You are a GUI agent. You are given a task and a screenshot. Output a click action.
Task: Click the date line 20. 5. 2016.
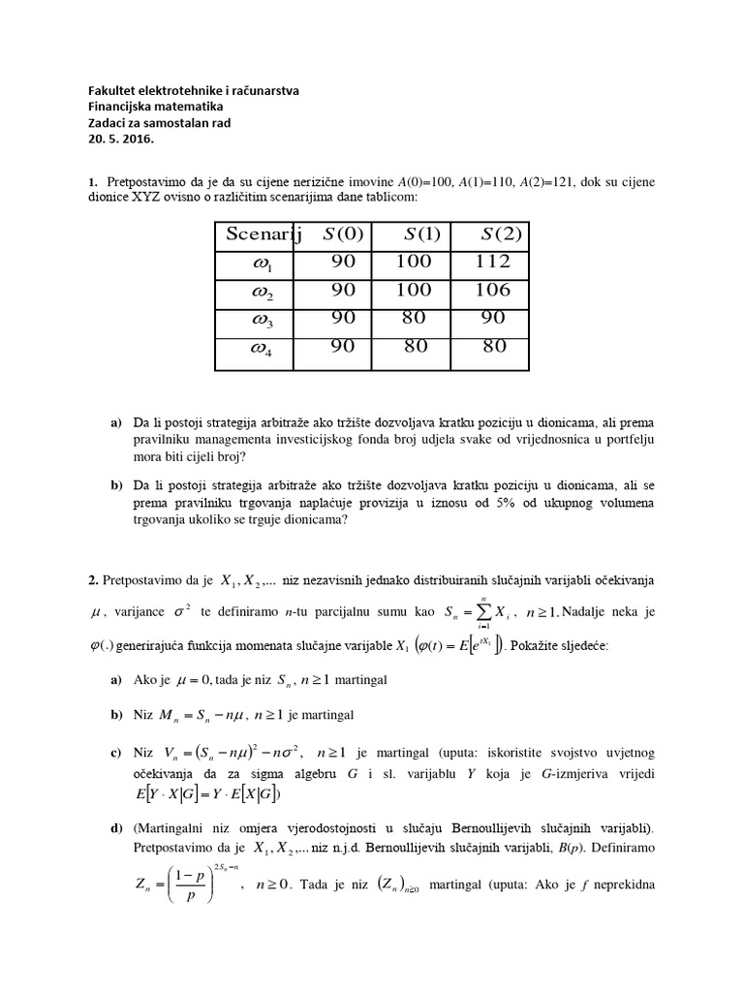pyautogui.click(x=120, y=139)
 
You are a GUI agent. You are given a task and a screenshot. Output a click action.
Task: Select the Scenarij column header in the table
pyautogui.click(x=264, y=233)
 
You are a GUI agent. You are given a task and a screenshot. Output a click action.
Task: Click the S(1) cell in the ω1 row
pyautogui.click(x=417, y=263)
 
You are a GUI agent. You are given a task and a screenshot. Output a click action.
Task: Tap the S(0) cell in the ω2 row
pyautogui.click(x=343, y=291)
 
